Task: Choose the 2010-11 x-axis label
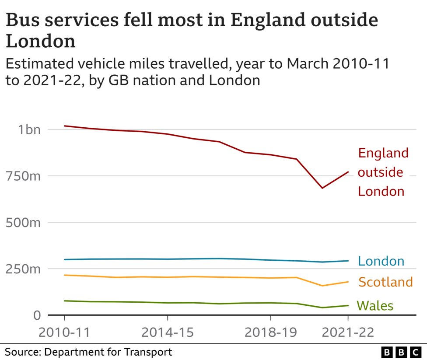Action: coord(64,332)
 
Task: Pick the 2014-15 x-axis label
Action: coord(168,332)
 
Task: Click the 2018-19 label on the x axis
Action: coord(271,332)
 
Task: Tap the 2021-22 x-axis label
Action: coord(348,332)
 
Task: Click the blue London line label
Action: coord(381,261)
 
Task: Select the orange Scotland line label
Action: coord(385,282)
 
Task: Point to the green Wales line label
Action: coord(375,305)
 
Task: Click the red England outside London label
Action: coord(383,172)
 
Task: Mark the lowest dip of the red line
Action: coord(322,188)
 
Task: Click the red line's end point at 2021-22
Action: coord(348,172)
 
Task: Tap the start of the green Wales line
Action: coord(64,301)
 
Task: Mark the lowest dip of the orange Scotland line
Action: coord(322,286)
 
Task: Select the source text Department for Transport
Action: coord(108,352)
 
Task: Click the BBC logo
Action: coord(401,352)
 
